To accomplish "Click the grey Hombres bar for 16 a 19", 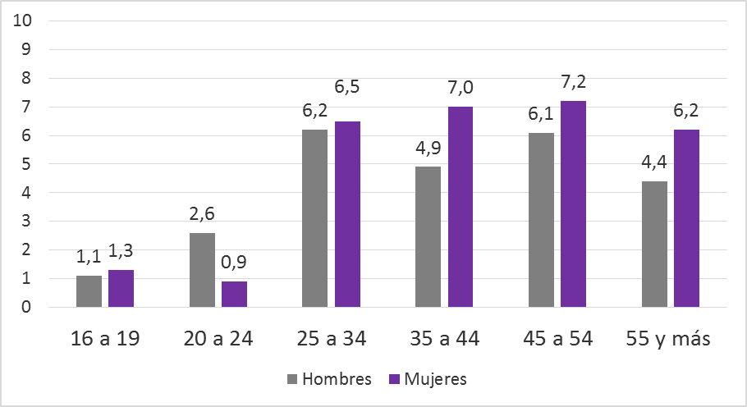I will point(89,291).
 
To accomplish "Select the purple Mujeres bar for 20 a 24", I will point(234,294).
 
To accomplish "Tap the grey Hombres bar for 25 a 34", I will point(314,218).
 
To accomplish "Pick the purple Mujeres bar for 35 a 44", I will point(460,207).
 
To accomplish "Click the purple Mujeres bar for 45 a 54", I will point(572,203).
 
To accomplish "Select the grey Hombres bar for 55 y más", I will point(654,244).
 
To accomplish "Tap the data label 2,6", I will point(203,215).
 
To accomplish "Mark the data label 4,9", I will point(428,149).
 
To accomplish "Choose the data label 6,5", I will point(348,86).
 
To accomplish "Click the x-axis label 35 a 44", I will point(444,337).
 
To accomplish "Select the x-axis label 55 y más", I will point(670,337).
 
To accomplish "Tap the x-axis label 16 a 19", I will point(105,337).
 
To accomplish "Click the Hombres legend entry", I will point(329,379).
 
